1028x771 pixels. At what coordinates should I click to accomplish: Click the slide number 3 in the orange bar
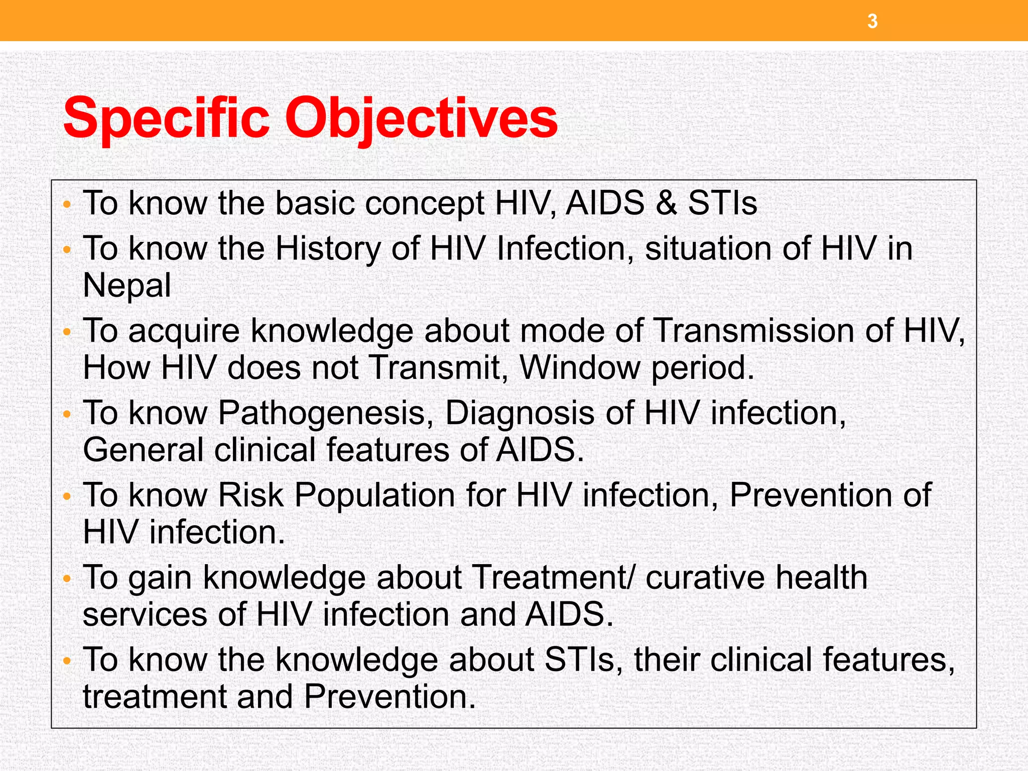pyautogui.click(x=872, y=22)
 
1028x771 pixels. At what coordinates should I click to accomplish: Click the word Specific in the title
pyautogui.click(x=166, y=118)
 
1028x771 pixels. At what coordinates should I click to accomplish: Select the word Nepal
pyautogui.click(x=127, y=285)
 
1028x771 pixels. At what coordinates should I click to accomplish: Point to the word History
pyautogui.click(x=328, y=248)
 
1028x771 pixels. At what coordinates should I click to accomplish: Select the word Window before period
pyautogui.click(x=580, y=367)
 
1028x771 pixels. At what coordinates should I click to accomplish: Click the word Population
pyautogui.click(x=374, y=495)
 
